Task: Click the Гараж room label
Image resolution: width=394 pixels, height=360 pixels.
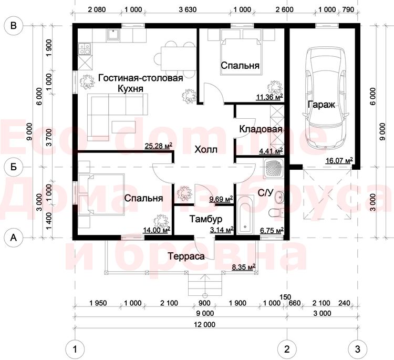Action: tap(322, 105)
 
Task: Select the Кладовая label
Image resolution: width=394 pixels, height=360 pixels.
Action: tap(261, 129)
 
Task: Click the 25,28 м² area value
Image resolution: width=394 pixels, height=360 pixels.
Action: tap(159, 146)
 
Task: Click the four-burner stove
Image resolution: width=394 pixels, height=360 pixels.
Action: tap(85, 49)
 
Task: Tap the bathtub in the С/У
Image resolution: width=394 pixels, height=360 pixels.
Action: tap(245, 215)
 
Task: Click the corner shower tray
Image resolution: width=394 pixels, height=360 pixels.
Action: tap(274, 169)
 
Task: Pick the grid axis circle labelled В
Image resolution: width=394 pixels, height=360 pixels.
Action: tap(14, 26)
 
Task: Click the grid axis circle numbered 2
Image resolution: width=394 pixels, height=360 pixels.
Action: tap(287, 349)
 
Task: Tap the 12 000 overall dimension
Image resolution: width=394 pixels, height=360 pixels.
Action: tap(205, 325)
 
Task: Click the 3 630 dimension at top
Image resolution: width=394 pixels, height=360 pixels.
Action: tap(188, 9)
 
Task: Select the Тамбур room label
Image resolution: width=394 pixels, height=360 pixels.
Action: tap(206, 219)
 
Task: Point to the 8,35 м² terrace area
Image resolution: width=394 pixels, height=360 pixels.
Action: tap(243, 267)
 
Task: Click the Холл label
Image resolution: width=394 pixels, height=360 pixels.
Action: tap(206, 150)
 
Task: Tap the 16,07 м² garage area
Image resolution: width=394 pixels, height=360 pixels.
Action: tap(339, 160)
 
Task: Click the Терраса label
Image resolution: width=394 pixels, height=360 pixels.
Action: tap(186, 256)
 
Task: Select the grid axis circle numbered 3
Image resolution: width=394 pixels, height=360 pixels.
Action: tap(358, 349)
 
